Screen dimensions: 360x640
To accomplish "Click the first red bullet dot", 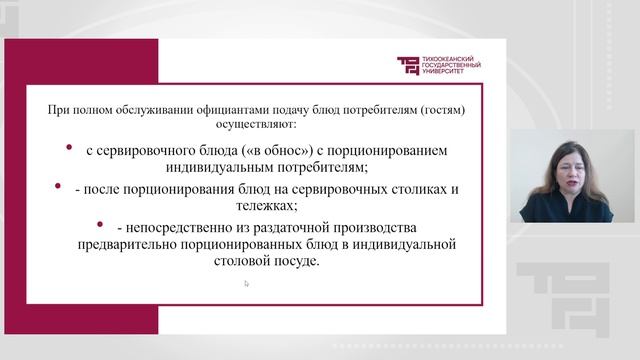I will pyautogui.click(x=69, y=148).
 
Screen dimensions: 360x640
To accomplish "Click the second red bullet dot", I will pyautogui.click(x=69, y=186).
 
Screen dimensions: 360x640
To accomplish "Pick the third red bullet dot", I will pyautogui.click(x=100, y=224).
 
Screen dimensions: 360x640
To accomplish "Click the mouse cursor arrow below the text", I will pyautogui.click(x=246, y=283).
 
